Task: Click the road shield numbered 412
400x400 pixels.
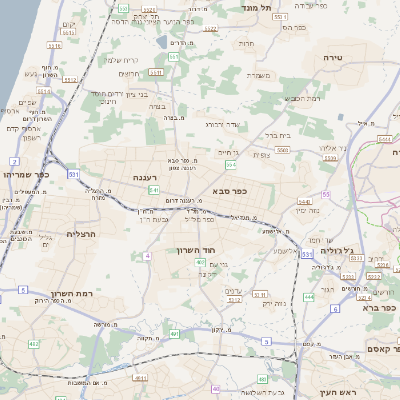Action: (x=34, y=344)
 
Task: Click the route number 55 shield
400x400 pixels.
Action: (x=325, y=194)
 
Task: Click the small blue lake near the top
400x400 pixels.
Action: (x=162, y=43)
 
